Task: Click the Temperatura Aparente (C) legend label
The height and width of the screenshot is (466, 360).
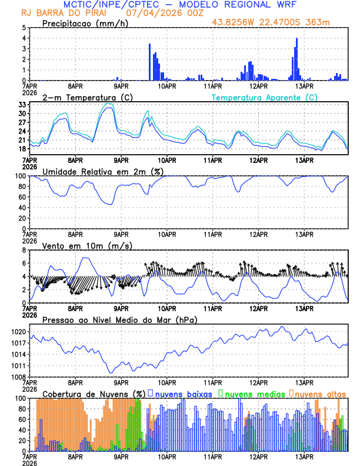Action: [x=265, y=97]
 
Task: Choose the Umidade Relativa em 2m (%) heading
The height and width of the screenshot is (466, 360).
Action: [x=102, y=171]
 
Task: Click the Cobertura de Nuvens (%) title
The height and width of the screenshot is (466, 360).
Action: [x=94, y=393]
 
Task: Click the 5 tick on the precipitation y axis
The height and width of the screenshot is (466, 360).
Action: [x=24, y=28]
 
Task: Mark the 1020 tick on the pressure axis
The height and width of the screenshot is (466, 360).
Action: [x=18, y=332]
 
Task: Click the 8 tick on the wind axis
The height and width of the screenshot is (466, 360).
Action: [x=24, y=250]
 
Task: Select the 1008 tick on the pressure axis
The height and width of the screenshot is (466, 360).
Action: [x=18, y=377]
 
